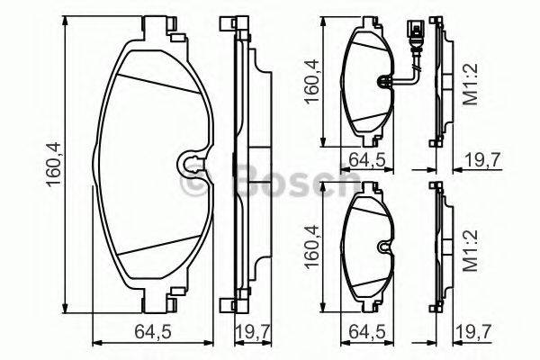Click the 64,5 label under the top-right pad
click(366, 160)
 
